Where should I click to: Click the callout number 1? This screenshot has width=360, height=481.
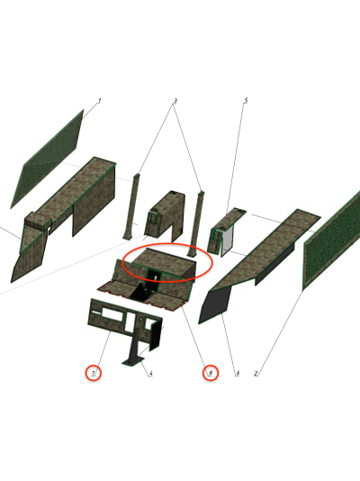(x=99, y=100)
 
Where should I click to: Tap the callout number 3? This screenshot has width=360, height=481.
(x=175, y=101)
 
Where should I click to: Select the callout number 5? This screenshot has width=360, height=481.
(x=246, y=100)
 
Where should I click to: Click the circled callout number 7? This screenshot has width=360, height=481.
(x=93, y=373)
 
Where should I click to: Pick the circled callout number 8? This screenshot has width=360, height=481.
(x=211, y=373)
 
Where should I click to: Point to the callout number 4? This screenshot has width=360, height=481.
(x=150, y=373)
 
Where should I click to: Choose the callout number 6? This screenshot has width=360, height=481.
(x=238, y=373)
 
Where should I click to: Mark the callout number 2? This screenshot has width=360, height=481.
(x=256, y=373)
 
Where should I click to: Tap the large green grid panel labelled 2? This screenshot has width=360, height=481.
(x=331, y=240)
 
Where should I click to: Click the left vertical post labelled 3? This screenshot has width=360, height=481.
(x=131, y=207)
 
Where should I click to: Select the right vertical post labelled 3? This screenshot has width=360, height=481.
(x=196, y=223)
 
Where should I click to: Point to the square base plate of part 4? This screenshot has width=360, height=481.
(x=133, y=362)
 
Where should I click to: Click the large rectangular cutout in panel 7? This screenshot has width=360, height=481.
(x=112, y=313)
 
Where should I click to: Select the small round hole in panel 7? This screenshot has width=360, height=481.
(x=141, y=320)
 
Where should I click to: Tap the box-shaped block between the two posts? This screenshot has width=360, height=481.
(x=166, y=215)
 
